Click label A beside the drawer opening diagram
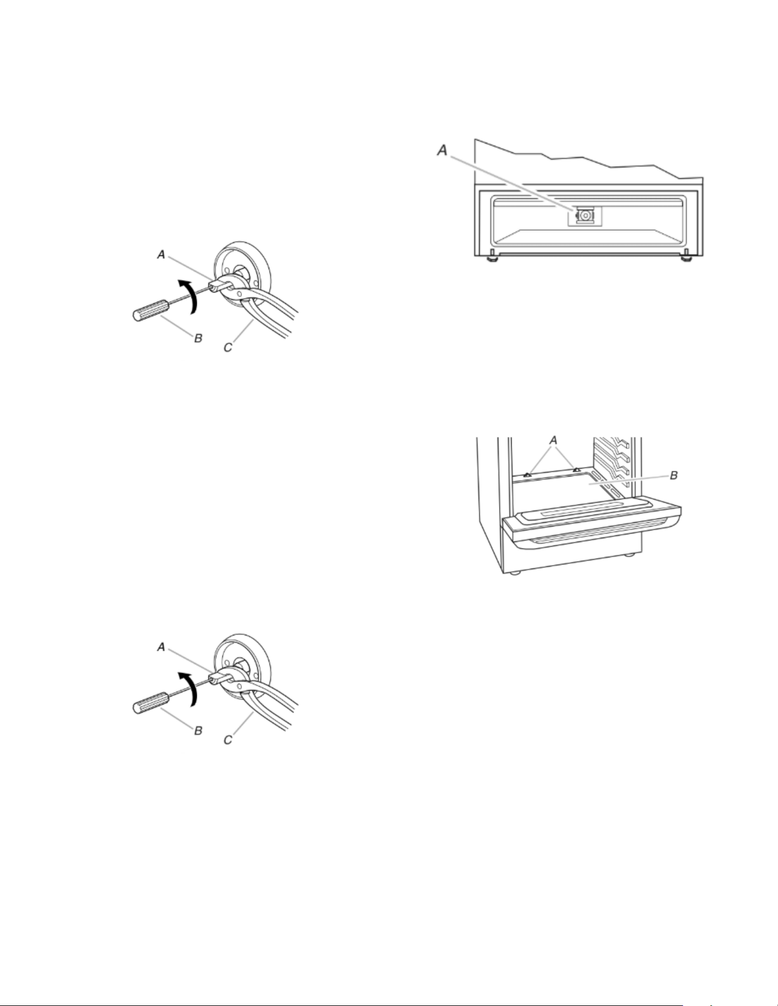[x=441, y=150]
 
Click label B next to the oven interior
[x=674, y=475]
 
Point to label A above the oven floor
[x=553, y=440]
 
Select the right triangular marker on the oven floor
[x=576, y=470]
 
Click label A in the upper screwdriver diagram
[x=162, y=255]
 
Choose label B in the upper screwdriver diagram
[x=198, y=338]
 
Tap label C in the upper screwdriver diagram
[x=228, y=346]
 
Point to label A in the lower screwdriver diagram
[x=162, y=647]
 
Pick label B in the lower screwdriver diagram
[x=198, y=731]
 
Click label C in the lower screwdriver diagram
[x=228, y=739]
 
